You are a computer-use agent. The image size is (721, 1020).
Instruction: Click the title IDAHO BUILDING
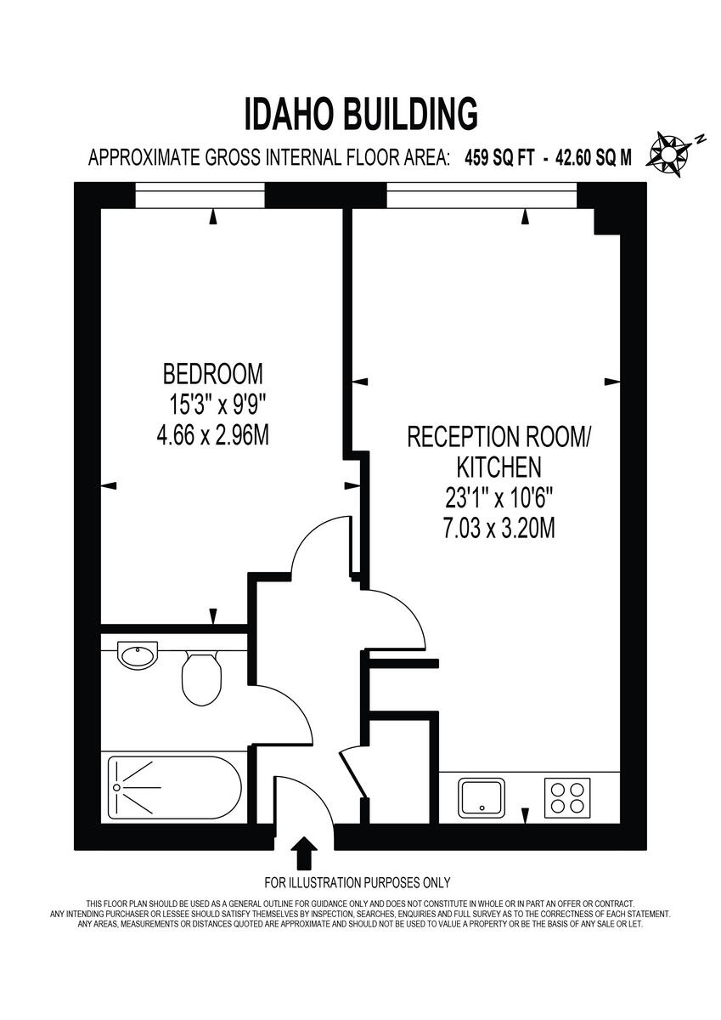click(361, 114)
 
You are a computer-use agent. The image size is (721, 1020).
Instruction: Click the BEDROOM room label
click(213, 373)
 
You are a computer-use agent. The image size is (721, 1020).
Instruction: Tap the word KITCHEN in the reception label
click(499, 467)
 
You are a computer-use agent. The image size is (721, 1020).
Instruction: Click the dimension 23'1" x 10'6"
click(499, 497)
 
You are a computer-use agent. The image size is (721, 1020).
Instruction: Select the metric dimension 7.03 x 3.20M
click(499, 528)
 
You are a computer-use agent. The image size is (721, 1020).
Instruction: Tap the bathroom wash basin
click(137, 655)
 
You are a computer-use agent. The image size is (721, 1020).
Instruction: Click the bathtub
click(173, 787)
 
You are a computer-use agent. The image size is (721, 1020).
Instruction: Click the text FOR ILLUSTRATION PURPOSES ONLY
click(358, 882)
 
